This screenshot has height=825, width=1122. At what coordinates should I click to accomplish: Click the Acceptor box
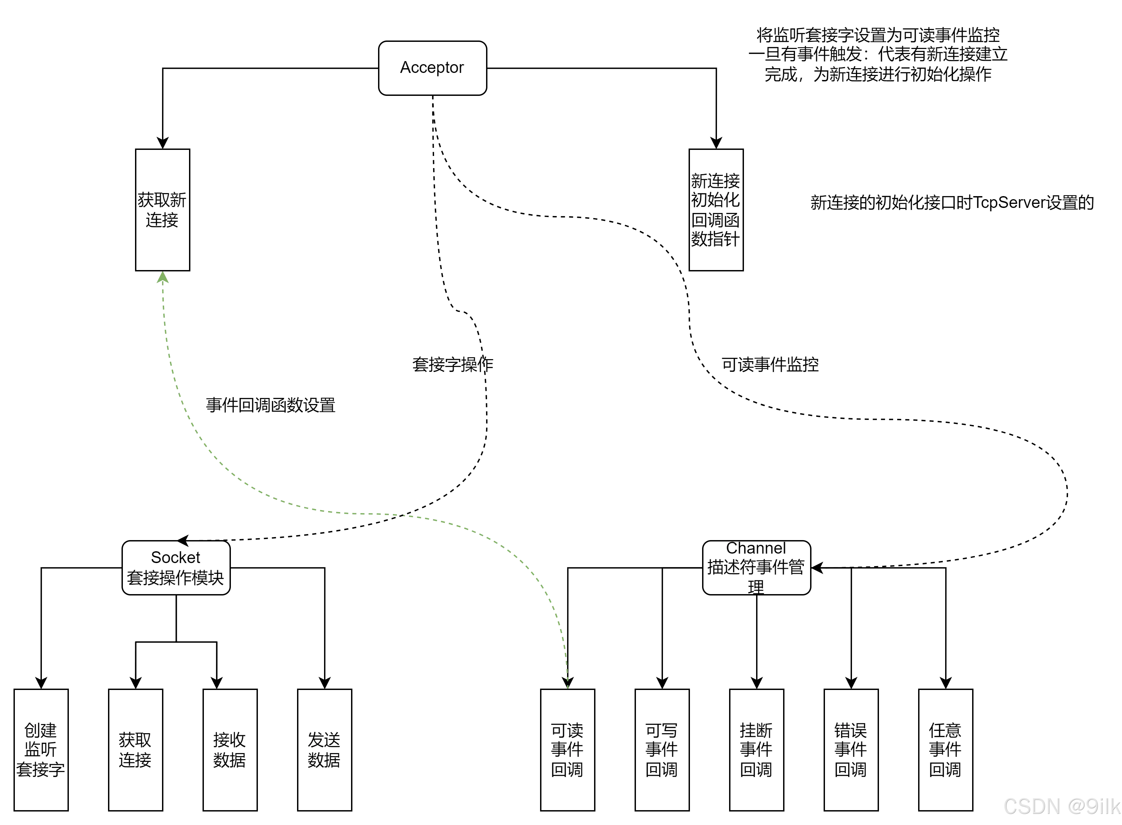[432, 68]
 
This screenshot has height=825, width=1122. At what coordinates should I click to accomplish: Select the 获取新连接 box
[162, 210]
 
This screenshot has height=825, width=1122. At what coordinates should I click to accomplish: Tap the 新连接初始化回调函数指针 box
[716, 210]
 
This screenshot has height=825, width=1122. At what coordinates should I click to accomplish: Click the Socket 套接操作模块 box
[176, 568]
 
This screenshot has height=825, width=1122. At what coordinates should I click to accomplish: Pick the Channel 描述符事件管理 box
[756, 568]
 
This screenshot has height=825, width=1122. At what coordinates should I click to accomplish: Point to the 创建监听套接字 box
[41, 750]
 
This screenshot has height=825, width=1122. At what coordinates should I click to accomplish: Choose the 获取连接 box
[135, 750]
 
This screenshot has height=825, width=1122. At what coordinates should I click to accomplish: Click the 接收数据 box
[230, 750]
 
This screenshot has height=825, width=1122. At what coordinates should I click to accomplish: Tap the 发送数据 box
[324, 750]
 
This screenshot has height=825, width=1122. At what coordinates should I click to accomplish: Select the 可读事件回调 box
[567, 750]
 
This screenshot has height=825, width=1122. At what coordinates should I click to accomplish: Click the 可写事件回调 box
[662, 750]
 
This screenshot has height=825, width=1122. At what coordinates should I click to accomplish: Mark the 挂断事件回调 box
[756, 750]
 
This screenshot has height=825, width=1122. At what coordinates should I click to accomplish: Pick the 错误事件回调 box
[850, 750]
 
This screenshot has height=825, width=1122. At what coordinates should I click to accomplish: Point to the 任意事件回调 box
[945, 750]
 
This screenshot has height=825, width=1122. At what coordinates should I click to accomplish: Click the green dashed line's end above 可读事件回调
[568, 687]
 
